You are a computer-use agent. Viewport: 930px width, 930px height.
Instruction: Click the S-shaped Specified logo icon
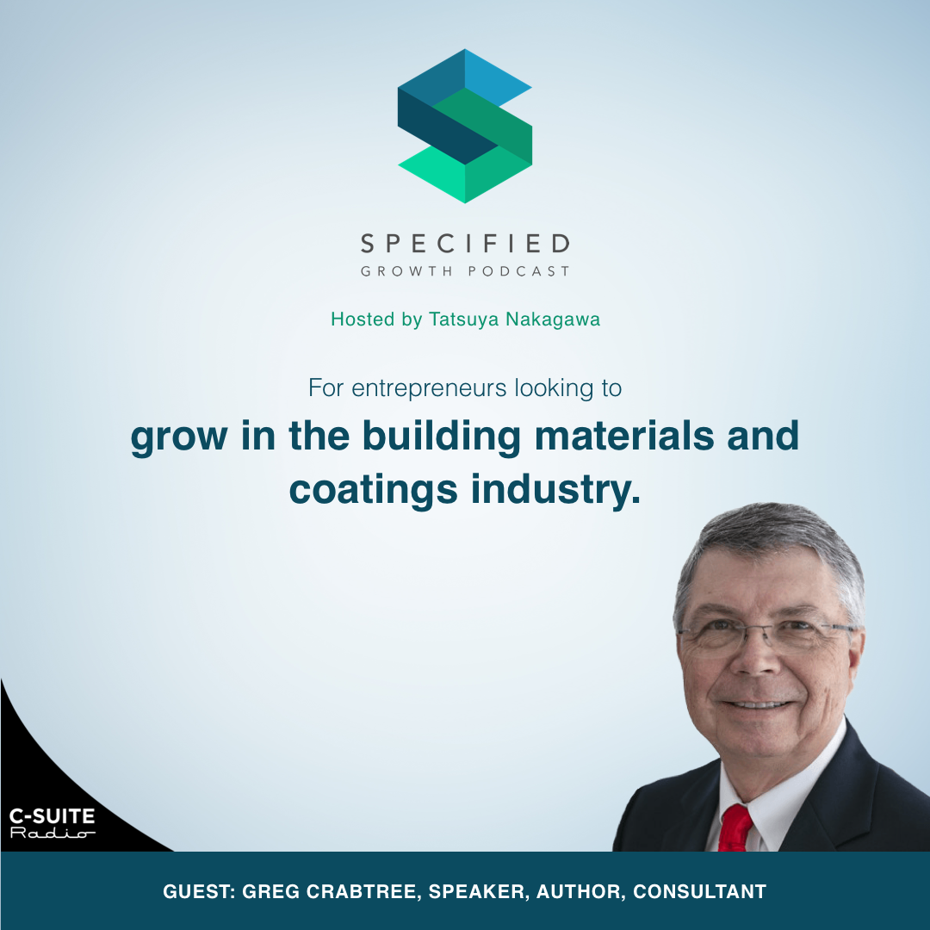(465, 126)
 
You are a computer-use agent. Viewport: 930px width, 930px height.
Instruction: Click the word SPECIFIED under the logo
(465, 244)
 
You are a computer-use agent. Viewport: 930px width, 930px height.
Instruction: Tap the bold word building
(441, 437)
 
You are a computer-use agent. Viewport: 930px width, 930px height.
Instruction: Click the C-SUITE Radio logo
(52, 822)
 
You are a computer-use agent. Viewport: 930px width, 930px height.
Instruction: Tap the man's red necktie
(736, 828)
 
